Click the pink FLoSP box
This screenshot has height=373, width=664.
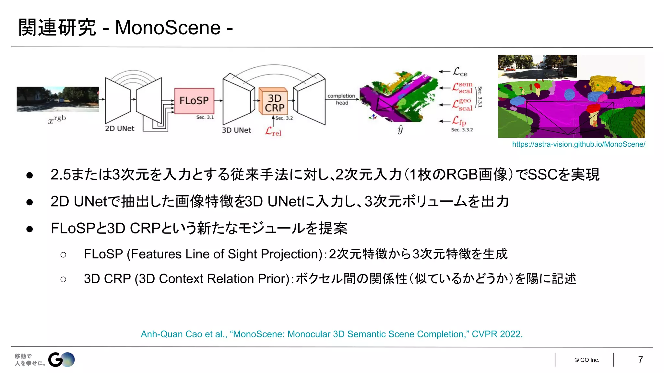click(194, 101)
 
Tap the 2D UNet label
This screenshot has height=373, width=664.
click(119, 129)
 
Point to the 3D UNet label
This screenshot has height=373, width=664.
click(236, 130)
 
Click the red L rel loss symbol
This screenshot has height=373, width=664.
click(273, 131)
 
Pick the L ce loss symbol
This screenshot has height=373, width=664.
click(460, 72)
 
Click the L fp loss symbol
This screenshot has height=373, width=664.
click(459, 121)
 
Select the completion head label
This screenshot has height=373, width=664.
click(341, 99)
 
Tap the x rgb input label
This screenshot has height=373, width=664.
click(57, 119)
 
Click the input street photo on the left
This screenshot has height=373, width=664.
click(58, 99)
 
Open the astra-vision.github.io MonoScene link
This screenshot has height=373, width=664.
click(578, 144)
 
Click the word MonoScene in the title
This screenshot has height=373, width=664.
click(168, 28)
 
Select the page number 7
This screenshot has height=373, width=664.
click(640, 360)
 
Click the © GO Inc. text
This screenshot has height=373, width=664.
click(587, 360)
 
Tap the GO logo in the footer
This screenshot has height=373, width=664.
click(61, 360)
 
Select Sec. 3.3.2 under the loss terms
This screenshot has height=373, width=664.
click(462, 130)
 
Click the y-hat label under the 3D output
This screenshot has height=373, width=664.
click(400, 129)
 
